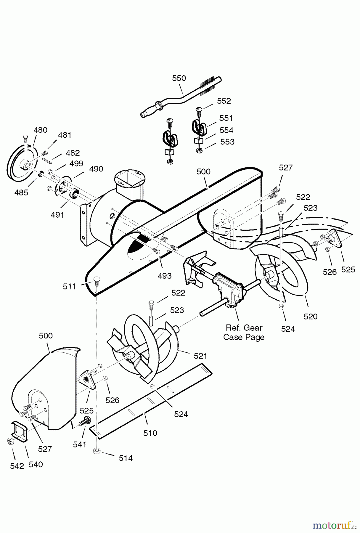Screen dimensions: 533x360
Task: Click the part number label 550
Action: click(179, 78)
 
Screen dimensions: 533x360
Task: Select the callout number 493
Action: click(164, 276)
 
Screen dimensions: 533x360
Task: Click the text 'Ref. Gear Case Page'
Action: click(244, 332)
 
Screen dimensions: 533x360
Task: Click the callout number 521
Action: click(200, 356)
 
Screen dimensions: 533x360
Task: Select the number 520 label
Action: click(310, 316)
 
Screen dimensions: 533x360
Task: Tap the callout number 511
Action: click(69, 286)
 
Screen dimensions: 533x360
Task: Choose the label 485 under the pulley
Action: click(21, 192)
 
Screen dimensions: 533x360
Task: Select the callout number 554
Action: click(226, 130)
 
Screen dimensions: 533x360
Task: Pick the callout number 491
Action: click(57, 215)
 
